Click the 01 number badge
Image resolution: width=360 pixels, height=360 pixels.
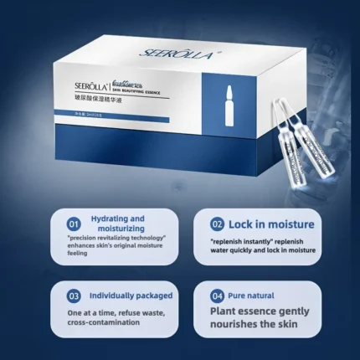tap(75, 224)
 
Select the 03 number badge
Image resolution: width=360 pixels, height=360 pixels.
tap(75, 295)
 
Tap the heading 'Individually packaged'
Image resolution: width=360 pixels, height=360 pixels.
tap(131, 295)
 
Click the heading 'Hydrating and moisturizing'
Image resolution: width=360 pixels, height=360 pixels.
tap(117, 223)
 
